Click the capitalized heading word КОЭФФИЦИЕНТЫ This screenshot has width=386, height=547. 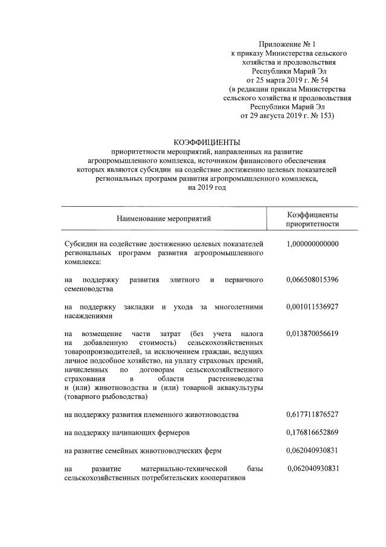click(207, 143)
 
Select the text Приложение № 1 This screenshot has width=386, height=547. click(287, 44)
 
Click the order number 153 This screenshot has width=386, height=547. click(323, 115)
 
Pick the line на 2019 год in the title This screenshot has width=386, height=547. click(207, 188)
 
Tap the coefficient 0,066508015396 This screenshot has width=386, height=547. click(312, 280)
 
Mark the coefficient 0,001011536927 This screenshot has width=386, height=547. click(312, 306)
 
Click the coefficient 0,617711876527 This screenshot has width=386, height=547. click(312, 415)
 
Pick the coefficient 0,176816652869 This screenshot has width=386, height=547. click(312, 432)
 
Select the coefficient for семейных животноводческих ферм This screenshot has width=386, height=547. click(312, 450)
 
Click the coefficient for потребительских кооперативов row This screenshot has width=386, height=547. click(314, 468)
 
